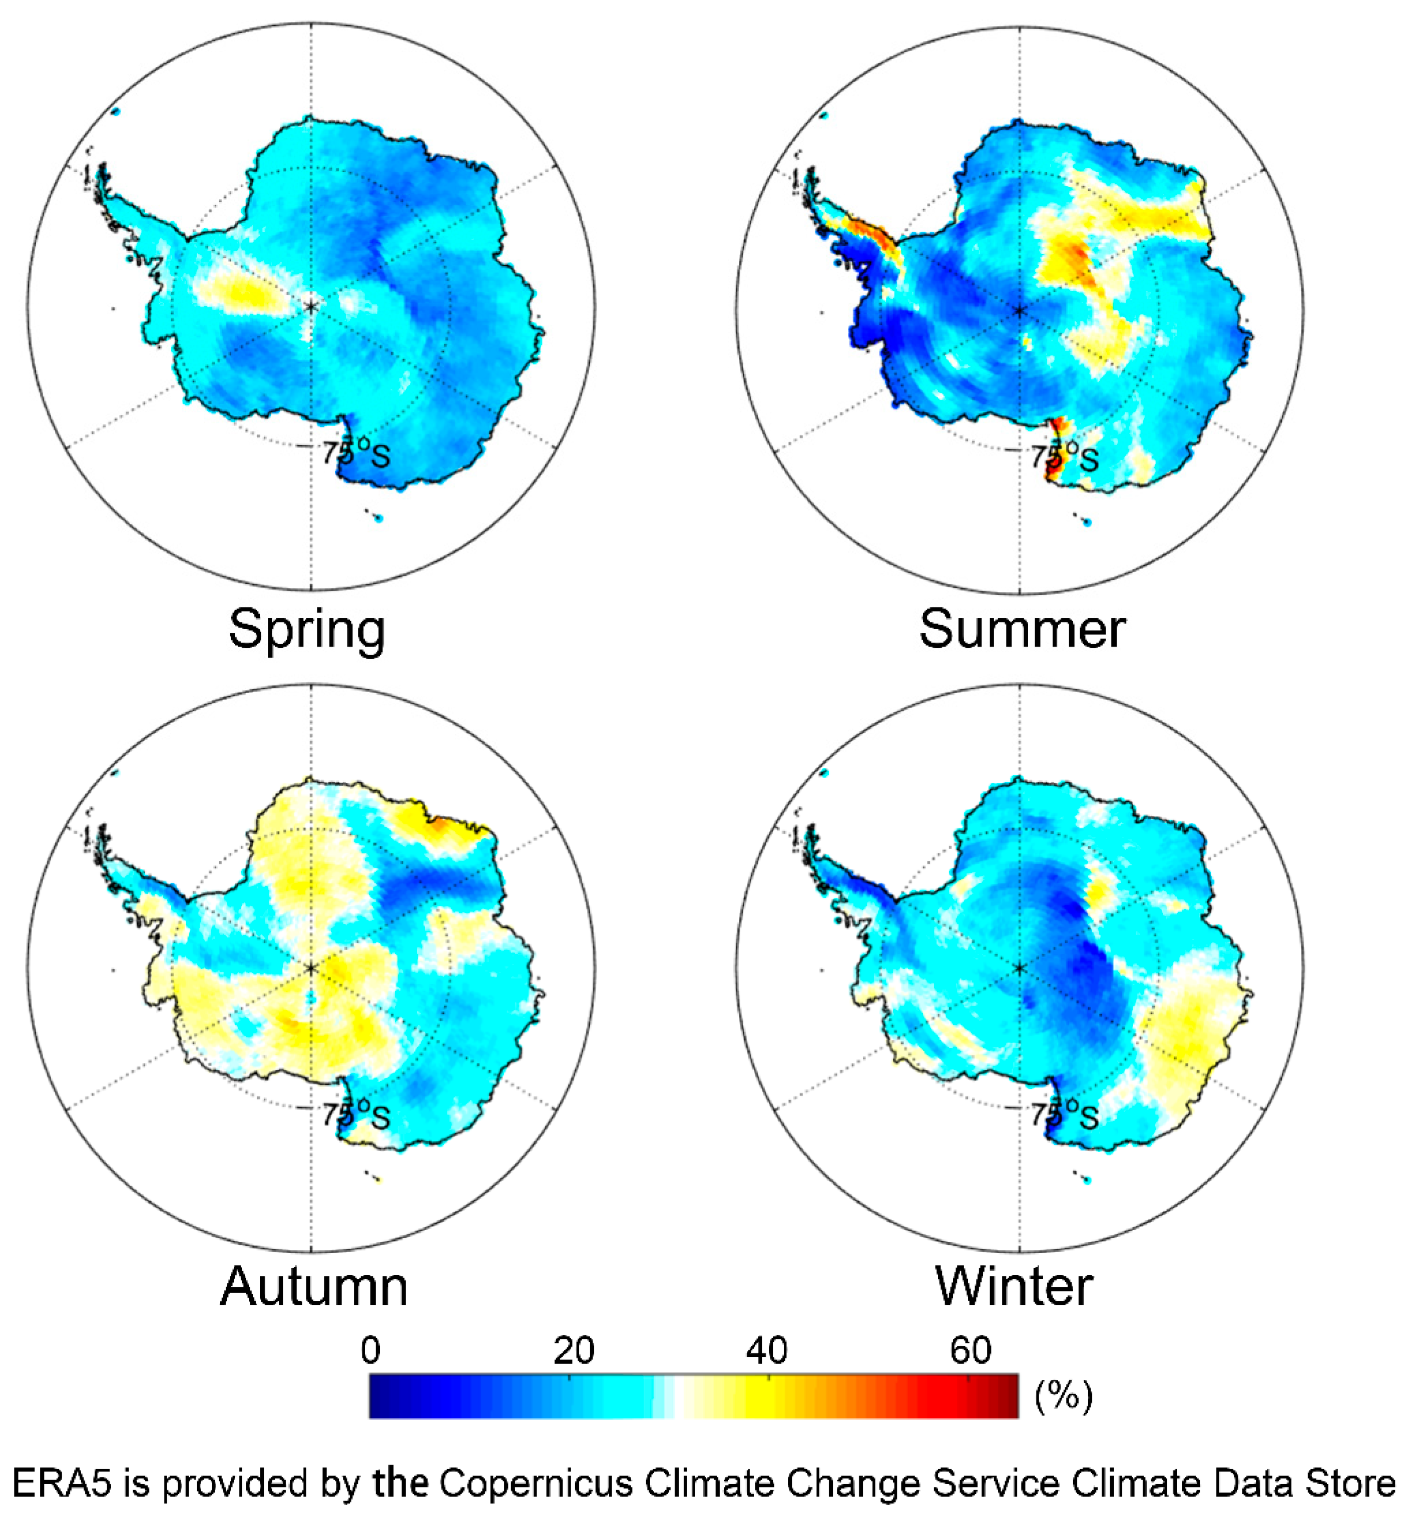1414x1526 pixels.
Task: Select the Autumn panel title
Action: coord(314,1287)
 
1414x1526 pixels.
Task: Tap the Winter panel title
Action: coord(1014,1287)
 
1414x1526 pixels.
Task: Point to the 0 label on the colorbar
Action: coord(370,1351)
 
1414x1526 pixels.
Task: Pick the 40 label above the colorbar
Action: coord(767,1351)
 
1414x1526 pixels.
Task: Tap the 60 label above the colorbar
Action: coord(970,1351)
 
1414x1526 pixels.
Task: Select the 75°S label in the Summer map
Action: coord(1064,457)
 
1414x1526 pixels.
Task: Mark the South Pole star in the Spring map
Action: coord(311,307)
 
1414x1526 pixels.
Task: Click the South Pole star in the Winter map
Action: coord(1019,968)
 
